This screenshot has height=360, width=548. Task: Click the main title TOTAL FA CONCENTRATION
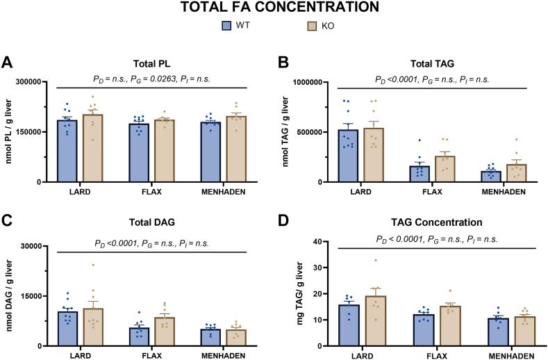pos(274,8)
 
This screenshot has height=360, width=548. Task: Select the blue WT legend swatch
pos(226,26)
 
